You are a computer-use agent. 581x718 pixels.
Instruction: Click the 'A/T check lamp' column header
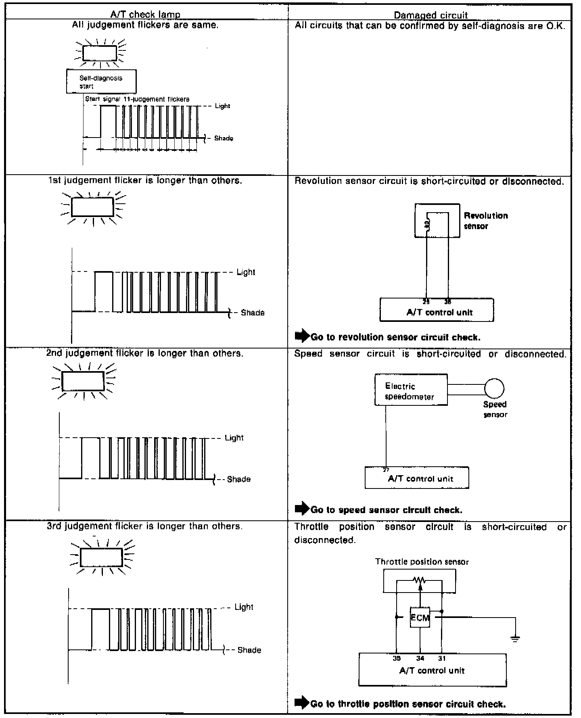point(145,15)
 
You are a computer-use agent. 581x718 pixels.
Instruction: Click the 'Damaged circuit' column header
point(431,15)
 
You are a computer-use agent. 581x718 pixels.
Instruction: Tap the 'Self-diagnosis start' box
point(101,81)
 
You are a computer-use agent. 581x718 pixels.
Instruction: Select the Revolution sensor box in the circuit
point(437,220)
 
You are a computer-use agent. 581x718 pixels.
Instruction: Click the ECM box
point(420,617)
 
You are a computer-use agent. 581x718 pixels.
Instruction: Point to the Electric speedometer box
point(411,390)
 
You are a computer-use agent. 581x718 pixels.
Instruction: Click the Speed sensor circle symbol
point(494,388)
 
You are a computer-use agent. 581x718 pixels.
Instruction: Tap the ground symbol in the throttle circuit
point(515,639)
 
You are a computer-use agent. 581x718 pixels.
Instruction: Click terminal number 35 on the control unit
point(397,658)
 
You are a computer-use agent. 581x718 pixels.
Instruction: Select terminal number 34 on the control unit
point(420,658)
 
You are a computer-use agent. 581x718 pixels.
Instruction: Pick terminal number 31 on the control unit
point(442,658)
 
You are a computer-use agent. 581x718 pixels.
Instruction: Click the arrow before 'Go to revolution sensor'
point(302,336)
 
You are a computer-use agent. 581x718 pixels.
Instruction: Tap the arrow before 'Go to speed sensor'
point(302,509)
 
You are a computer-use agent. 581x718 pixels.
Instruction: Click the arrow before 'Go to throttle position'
point(302,703)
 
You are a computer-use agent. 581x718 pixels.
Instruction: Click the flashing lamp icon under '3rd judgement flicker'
point(101,557)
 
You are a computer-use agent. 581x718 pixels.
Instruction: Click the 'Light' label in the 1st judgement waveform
point(246,272)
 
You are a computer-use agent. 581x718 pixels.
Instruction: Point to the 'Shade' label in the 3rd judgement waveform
point(249,650)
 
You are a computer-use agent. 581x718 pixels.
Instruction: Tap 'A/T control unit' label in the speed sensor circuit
point(420,479)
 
